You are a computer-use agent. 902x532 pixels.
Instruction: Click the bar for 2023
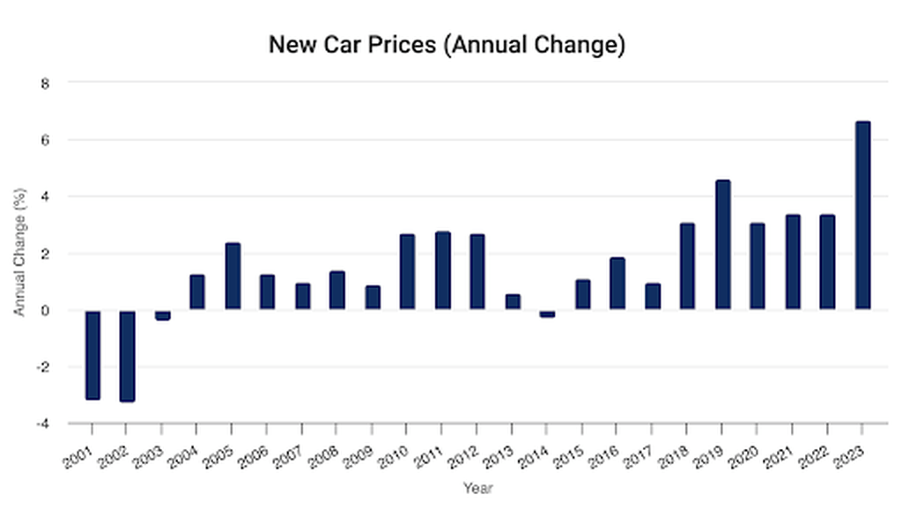point(862,216)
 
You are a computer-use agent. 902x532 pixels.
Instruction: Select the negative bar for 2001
point(92,354)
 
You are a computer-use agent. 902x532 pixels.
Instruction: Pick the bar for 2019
point(722,244)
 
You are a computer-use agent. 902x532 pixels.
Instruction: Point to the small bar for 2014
point(547,313)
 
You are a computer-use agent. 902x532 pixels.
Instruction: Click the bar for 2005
point(233,276)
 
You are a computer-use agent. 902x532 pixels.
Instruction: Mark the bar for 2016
point(617,283)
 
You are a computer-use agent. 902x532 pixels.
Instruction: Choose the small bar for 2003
point(162,314)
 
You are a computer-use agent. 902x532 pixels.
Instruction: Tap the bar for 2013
point(513,301)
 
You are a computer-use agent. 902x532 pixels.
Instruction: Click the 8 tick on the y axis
point(46,83)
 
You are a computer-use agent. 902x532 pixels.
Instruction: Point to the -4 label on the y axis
point(43,424)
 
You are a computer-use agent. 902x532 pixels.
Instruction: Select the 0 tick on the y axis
point(46,310)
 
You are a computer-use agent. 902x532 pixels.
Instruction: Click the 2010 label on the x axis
point(393,456)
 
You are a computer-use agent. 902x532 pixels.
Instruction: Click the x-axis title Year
point(477,488)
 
